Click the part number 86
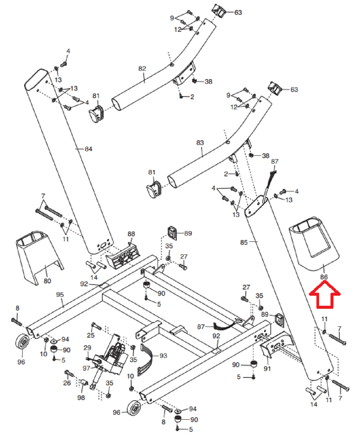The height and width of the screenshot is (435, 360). [x=324, y=277]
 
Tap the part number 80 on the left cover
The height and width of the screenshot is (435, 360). [x=47, y=281]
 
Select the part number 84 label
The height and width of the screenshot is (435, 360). [x=88, y=149]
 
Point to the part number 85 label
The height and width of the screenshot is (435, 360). [x=244, y=242]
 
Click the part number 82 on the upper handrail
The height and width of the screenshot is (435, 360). [x=142, y=69]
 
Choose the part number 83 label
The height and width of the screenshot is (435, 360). [x=200, y=143]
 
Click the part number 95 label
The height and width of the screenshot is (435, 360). [x=60, y=295]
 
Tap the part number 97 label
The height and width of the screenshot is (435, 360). [x=86, y=368]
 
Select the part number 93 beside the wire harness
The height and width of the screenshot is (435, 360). [x=163, y=356]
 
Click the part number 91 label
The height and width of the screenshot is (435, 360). [x=267, y=369]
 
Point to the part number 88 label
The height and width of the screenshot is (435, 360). [x=131, y=234]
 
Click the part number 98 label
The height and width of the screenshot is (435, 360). [x=81, y=398]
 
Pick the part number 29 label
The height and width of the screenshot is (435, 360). [x=87, y=348]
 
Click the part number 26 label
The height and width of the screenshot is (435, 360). [x=67, y=383]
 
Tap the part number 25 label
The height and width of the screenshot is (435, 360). [x=91, y=335]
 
